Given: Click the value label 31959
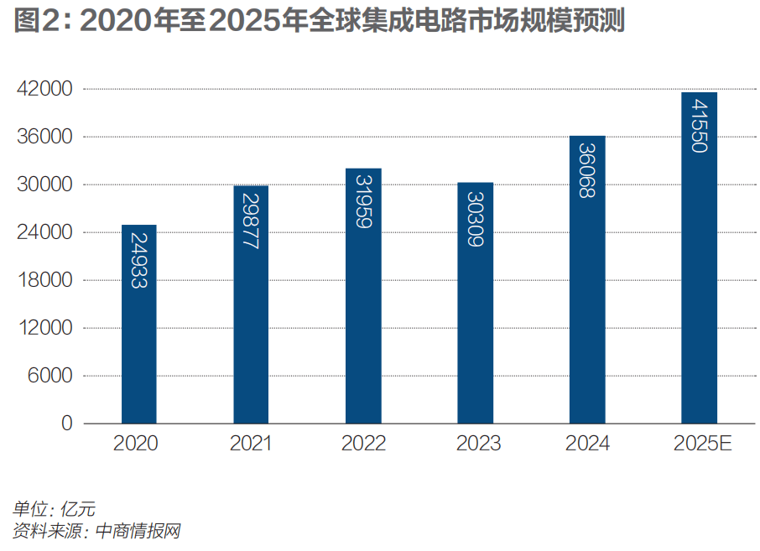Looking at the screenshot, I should [x=363, y=201].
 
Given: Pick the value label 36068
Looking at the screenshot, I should [x=586, y=169].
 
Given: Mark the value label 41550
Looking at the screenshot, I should [x=699, y=124].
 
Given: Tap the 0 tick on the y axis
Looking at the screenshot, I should [x=66, y=424].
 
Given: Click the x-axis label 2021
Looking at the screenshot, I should [x=251, y=444].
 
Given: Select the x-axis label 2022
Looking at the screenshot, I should [x=363, y=444].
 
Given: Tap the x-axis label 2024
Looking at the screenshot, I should [x=587, y=444].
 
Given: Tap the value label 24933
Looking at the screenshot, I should [x=139, y=260].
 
